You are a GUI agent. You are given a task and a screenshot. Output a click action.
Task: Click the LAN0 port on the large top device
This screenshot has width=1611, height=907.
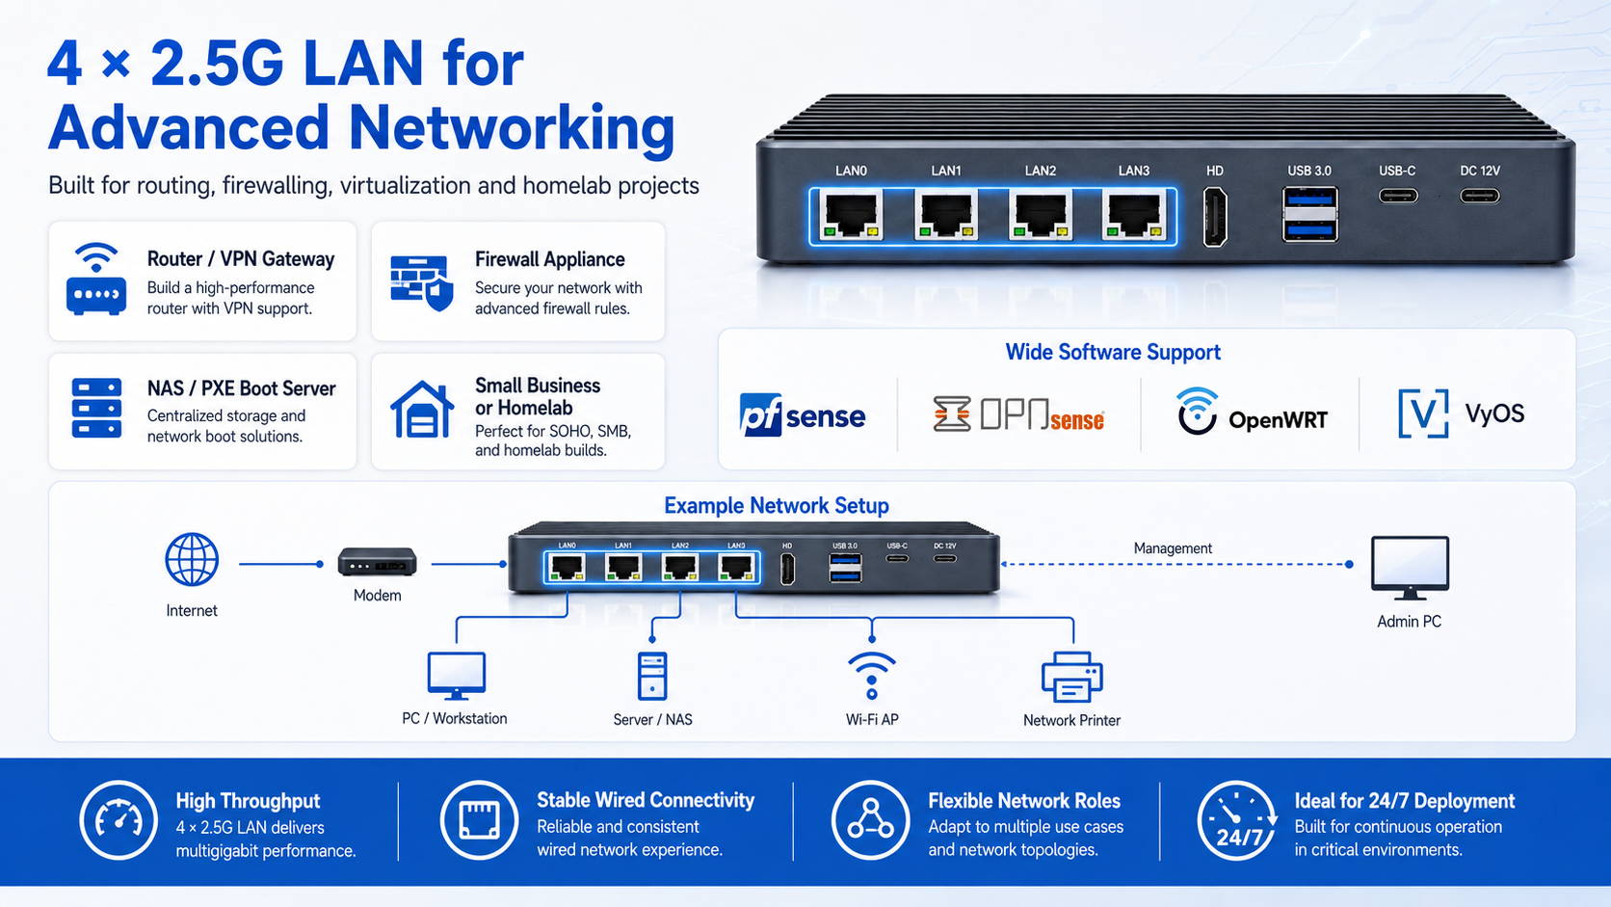[852, 215]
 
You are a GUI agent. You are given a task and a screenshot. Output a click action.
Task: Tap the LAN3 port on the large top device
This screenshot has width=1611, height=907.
[1133, 215]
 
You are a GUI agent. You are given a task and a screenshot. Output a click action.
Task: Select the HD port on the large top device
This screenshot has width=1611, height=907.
[1215, 217]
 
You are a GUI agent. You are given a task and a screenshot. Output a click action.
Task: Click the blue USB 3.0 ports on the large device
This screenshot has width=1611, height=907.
[1309, 214]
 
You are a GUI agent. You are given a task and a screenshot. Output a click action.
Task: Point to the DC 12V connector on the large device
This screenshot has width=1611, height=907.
[1479, 196]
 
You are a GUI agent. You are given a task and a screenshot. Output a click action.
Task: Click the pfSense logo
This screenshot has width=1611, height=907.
[802, 415]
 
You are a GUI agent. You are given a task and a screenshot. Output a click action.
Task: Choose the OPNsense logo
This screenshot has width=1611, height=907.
[1018, 414]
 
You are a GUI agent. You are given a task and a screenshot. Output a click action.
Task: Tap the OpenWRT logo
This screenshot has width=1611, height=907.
[1253, 412]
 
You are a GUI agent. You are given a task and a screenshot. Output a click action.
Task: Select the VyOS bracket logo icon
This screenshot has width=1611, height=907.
[1423, 413]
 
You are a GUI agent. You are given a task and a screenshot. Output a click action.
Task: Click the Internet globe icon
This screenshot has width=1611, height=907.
[192, 560]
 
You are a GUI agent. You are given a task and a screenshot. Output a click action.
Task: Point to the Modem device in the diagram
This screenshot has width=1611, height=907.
[377, 562]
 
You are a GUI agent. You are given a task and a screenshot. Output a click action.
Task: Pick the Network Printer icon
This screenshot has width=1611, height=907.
[1071, 677]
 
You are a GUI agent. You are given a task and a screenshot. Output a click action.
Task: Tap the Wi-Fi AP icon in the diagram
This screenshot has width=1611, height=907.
[872, 676]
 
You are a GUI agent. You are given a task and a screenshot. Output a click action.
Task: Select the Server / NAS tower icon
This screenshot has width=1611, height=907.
[652, 676]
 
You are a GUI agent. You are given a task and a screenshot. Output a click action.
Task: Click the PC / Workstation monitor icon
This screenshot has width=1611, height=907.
[456, 676]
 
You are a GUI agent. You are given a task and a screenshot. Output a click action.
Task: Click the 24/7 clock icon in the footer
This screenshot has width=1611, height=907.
[1236, 820]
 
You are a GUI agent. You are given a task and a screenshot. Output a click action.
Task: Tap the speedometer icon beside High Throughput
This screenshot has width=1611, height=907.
[119, 820]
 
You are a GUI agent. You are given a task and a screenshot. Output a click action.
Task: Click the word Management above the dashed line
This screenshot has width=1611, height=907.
[1173, 548]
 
